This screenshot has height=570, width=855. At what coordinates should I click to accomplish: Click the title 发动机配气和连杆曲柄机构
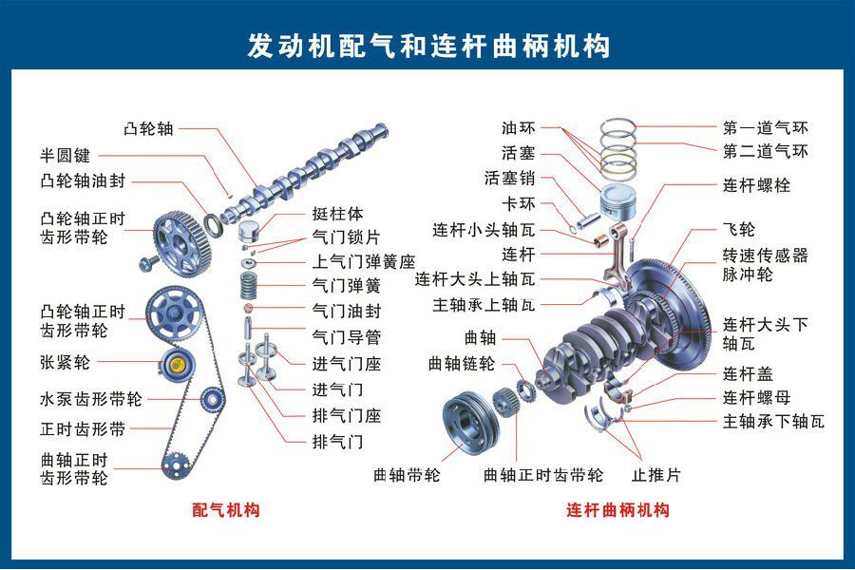(x=427, y=45)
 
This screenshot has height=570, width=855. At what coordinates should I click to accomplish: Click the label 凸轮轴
(x=148, y=127)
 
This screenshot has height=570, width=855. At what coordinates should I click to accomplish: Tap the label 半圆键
(x=65, y=155)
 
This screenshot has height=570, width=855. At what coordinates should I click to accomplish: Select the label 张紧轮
(x=65, y=362)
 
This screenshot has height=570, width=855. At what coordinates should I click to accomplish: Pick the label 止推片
(x=655, y=474)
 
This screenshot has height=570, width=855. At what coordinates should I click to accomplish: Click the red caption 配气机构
(x=226, y=510)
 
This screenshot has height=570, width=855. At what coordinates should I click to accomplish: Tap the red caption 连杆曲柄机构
(x=618, y=510)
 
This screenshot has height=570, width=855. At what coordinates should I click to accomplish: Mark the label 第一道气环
(x=766, y=126)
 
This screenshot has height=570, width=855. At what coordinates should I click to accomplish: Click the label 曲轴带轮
(x=407, y=474)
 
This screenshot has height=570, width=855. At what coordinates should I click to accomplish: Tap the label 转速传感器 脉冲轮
(x=765, y=264)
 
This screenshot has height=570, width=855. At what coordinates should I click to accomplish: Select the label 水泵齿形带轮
(x=90, y=399)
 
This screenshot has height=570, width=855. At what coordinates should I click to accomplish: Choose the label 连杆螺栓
(x=756, y=185)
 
